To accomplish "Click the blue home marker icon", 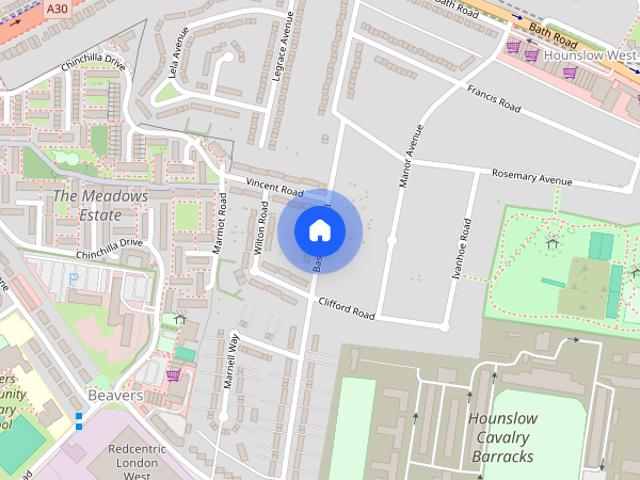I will click(x=320, y=230).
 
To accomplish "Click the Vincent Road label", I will click(x=274, y=187).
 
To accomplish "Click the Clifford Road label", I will click(x=345, y=308).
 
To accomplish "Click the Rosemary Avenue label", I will click(x=532, y=176).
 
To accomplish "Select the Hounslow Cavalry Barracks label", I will click(x=502, y=438).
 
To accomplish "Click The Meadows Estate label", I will click(x=100, y=205).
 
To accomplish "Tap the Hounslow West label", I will click(x=589, y=55).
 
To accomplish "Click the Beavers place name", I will click(x=115, y=396).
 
